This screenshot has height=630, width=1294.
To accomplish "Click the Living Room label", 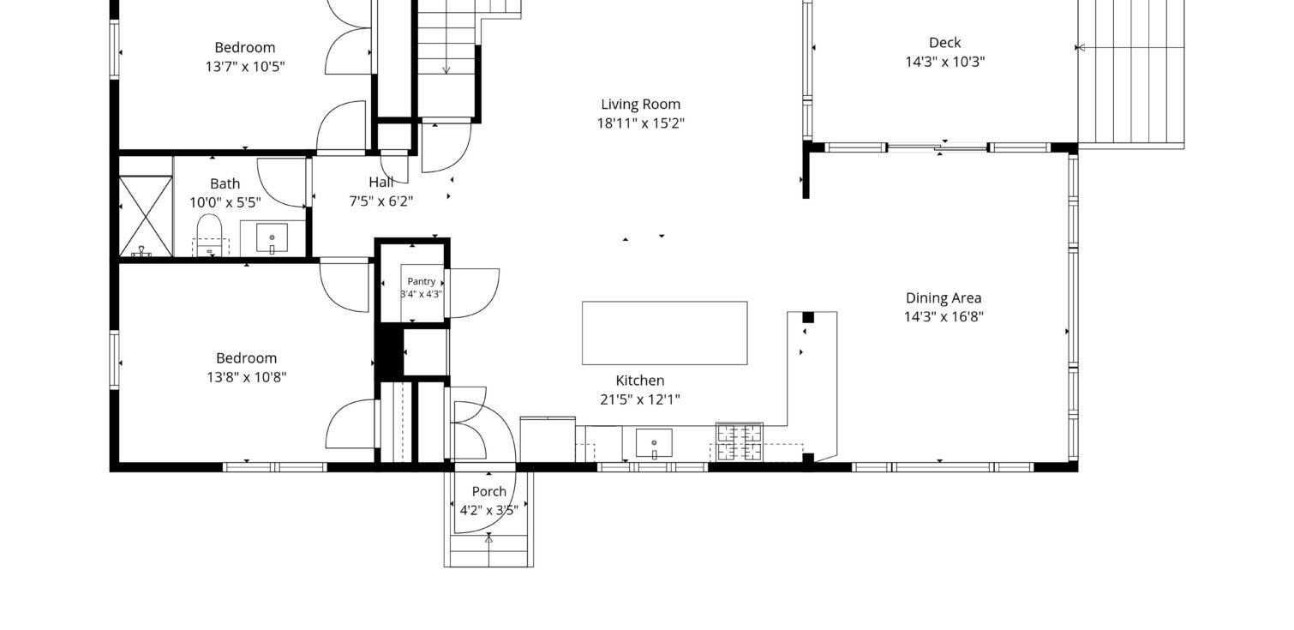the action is (x=641, y=104).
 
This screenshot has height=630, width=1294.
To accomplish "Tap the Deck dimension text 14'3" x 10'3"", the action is (x=944, y=62).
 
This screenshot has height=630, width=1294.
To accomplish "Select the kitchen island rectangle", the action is (x=664, y=333).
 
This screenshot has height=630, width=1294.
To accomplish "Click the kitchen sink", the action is (x=654, y=443).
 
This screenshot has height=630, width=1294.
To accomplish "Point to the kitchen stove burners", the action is (x=740, y=442).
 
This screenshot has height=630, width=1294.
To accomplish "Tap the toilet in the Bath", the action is (x=209, y=235).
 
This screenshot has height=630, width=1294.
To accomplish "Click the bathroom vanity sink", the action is (x=273, y=237).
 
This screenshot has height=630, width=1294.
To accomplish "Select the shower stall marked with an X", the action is (x=146, y=216).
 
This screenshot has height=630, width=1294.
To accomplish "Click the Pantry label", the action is (x=421, y=281).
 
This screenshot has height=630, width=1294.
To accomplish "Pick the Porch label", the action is (x=488, y=491).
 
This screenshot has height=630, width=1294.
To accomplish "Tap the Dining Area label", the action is (x=944, y=297).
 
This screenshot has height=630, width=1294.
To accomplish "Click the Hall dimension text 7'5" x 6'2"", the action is (x=380, y=201).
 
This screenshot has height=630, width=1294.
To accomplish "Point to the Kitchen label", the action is (x=640, y=381).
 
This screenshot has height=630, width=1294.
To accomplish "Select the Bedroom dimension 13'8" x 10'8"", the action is (x=247, y=377).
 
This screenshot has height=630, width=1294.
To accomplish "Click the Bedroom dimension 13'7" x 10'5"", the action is (x=245, y=67).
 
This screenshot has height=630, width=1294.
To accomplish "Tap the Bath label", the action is (x=225, y=183).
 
